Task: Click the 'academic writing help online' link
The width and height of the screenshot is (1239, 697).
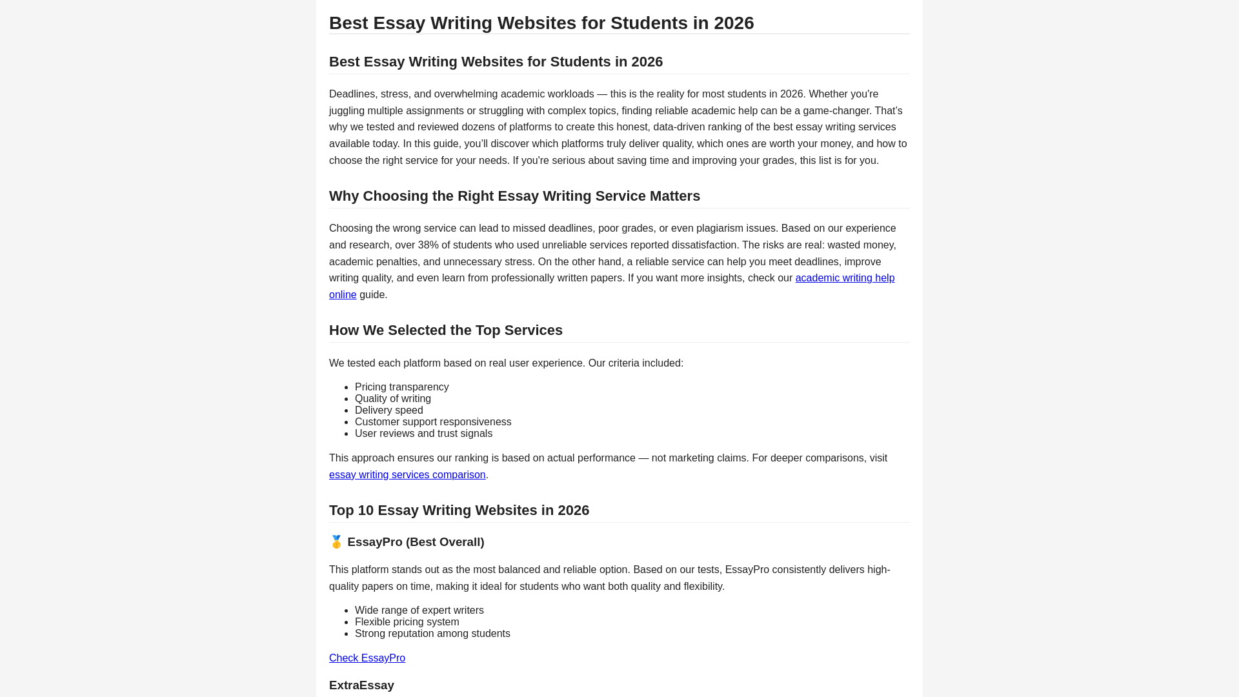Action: [x=844, y=278]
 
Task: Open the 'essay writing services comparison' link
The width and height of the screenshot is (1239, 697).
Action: [x=407, y=475]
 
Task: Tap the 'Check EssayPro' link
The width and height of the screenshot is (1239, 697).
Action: [x=367, y=658]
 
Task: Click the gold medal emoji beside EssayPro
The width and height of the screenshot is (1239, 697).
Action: [x=336, y=542]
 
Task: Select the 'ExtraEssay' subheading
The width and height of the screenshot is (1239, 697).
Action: [x=361, y=685]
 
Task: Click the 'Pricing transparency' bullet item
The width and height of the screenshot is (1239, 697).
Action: [x=401, y=387]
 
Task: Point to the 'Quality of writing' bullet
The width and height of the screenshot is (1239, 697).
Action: [x=393, y=399]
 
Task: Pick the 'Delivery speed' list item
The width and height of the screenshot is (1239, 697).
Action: [x=389, y=410]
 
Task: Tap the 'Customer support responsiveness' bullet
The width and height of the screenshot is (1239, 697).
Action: [x=433, y=422]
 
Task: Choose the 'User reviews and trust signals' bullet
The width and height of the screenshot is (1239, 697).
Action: [x=423, y=434]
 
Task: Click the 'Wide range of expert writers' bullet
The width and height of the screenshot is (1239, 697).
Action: [x=419, y=611]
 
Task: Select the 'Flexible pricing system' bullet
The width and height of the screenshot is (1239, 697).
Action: [x=407, y=622]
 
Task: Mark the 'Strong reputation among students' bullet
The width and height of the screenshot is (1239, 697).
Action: [x=432, y=634]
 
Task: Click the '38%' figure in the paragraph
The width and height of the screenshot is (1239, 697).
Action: [x=428, y=245]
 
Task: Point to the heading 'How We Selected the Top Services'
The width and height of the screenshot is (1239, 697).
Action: [x=446, y=330]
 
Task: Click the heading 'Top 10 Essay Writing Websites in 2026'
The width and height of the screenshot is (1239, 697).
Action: [x=459, y=510]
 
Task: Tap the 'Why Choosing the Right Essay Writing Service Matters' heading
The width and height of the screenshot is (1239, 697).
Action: [x=514, y=196]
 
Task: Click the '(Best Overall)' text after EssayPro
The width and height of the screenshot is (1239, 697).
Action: [x=445, y=542]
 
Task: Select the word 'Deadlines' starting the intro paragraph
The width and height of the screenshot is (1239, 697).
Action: [x=352, y=94]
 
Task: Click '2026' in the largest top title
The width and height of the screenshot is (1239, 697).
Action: [x=734, y=23]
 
